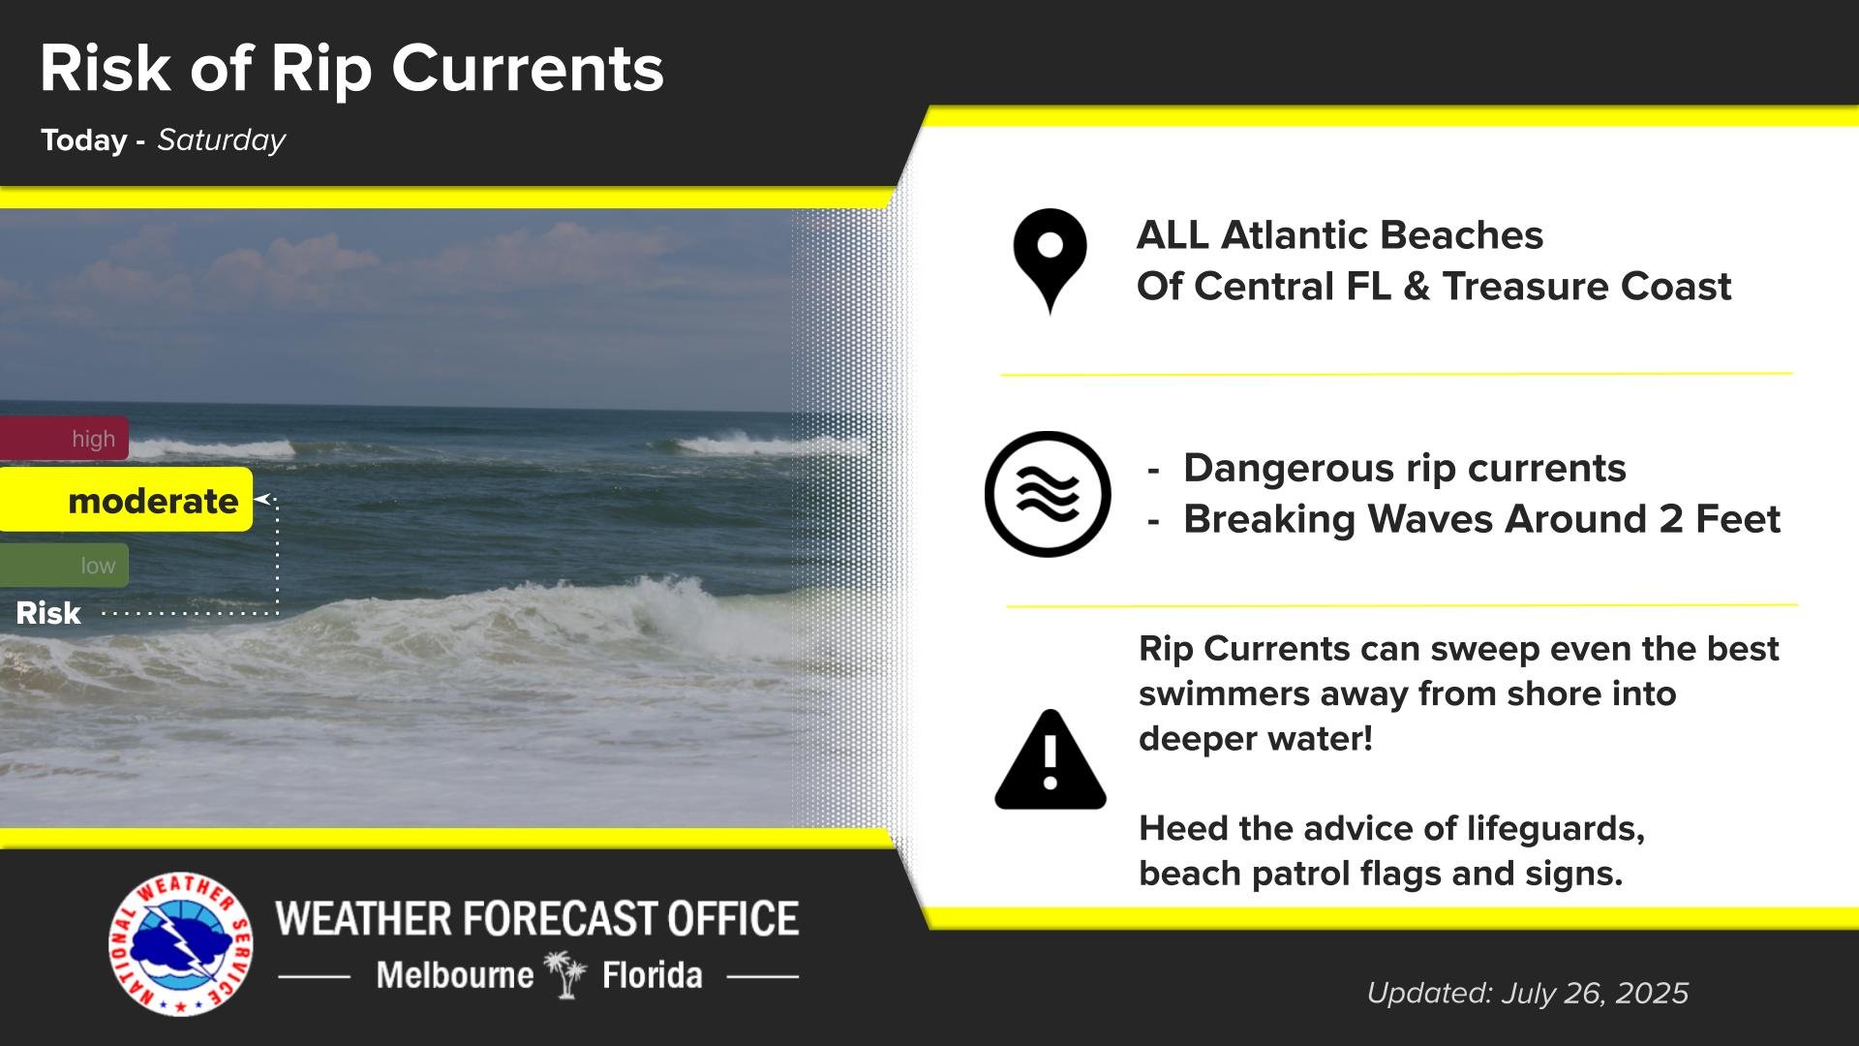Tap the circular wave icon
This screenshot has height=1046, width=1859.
(1048, 494)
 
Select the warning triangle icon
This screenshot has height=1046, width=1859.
(1051, 760)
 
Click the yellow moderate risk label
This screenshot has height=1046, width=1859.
(126, 500)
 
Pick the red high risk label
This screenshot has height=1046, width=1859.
(64, 439)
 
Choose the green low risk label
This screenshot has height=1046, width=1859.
(64, 566)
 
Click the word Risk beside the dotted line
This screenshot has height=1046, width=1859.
(48, 613)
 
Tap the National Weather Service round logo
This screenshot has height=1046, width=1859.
(180, 945)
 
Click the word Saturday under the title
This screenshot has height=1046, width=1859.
(222, 140)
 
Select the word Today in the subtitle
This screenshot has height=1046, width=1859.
(84, 140)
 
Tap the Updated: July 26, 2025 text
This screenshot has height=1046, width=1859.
(1528, 993)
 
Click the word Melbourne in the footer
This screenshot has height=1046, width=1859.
(455, 974)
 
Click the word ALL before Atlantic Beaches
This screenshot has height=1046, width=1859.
(1173, 235)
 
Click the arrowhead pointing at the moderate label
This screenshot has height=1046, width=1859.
(261, 500)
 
